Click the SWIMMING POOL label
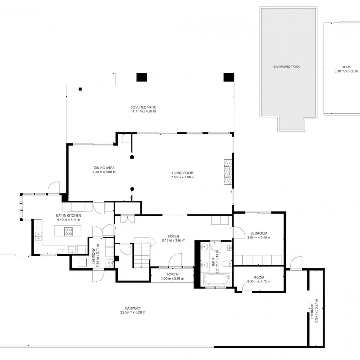[287, 67]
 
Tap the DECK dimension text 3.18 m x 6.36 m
[346, 71]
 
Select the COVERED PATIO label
[143, 107]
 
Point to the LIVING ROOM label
[182, 173]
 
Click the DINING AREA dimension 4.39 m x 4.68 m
[104, 172]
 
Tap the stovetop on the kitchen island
[68, 232]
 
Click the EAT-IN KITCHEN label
[68, 216]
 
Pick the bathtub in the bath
[216, 279]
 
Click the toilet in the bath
[227, 263]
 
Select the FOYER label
[174, 236]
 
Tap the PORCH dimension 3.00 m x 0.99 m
[173, 279]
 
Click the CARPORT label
[133, 308]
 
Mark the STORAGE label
[312, 311]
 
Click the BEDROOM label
[259, 233]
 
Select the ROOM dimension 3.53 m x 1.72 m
[259, 281]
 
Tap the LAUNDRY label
[93, 256]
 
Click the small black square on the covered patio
[80, 89]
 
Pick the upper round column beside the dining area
[132, 157]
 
